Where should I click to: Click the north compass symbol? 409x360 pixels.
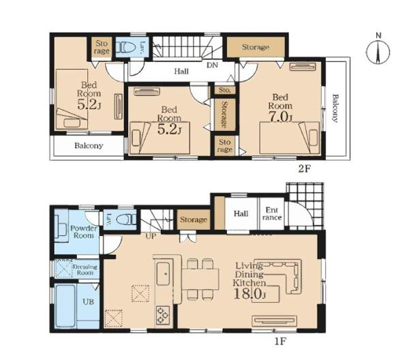[378, 51]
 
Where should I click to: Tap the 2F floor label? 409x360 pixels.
[305, 169]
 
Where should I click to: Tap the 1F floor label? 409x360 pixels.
[280, 341]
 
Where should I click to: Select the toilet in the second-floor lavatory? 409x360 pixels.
[125, 48]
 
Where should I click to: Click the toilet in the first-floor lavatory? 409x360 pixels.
[127, 220]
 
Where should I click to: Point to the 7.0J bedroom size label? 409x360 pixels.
[280, 117]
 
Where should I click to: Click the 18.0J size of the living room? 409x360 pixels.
[249, 294]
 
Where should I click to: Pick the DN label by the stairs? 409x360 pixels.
[212, 65]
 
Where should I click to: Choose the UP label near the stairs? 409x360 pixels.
[151, 237]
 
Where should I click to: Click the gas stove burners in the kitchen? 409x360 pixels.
[163, 315]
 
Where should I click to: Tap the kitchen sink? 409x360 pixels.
[163, 273]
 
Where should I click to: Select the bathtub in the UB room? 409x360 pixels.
[66, 305]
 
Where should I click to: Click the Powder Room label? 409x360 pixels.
[84, 232]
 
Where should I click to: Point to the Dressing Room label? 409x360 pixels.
[85, 270]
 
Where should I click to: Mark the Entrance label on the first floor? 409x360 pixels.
[272, 213]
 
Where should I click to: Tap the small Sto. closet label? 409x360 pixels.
[224, 90]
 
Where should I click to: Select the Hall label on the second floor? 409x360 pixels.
[181, 71]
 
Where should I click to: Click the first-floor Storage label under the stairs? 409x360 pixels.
[194, 220]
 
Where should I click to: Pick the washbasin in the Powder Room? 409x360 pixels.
[61, 230]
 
